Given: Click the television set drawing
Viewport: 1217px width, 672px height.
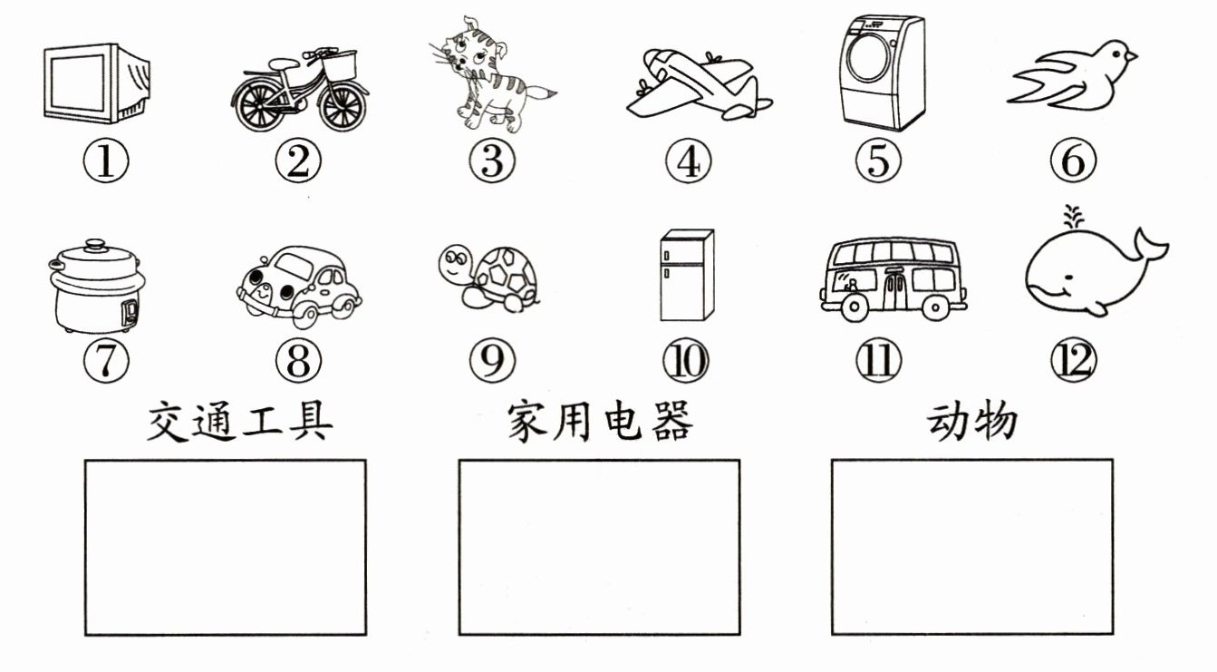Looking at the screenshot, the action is click(95, 83).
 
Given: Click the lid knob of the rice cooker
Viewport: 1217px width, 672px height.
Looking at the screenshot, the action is click(94, 245).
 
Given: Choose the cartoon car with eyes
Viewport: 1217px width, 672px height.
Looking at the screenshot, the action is click(296, 283).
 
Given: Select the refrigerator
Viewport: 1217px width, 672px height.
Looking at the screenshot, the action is click(686, 275).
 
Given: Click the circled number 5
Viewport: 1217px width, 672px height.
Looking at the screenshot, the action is click(878, 162).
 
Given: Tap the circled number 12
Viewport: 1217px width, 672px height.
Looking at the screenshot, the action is click(1073, 362).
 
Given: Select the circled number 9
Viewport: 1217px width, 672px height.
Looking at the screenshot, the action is click(491, 362).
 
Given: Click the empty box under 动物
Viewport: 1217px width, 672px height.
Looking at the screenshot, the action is click(971, 547).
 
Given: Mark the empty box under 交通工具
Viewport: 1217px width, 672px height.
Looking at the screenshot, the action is click(226, 547).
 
